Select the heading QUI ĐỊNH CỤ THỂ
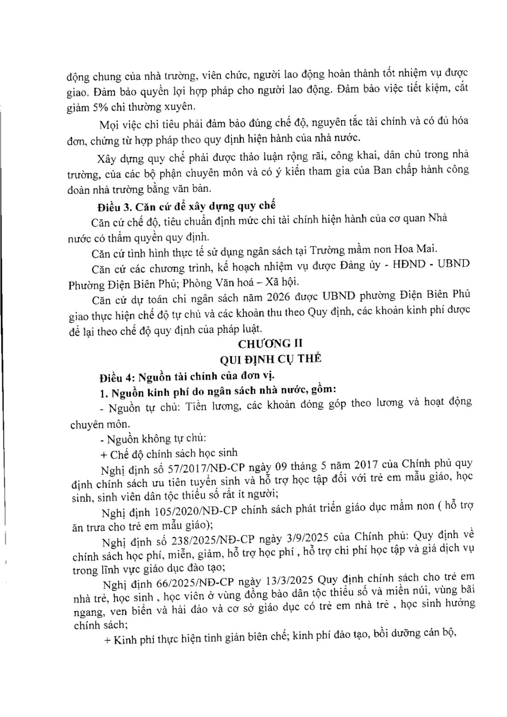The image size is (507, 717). [270, 360]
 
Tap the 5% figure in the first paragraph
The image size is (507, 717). [107, 107]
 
